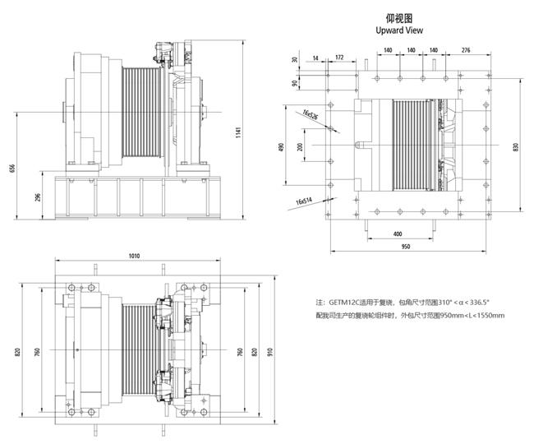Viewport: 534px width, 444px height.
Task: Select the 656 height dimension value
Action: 12,169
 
